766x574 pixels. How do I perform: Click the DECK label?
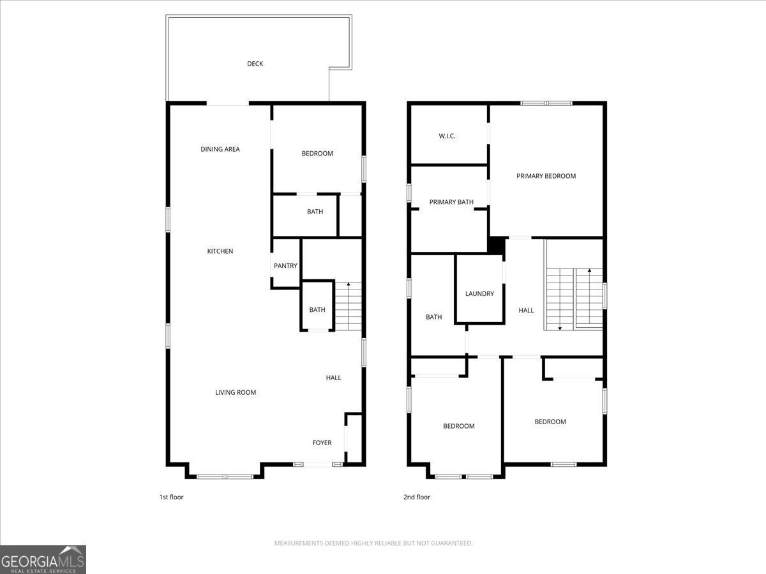click(x=255, y=64)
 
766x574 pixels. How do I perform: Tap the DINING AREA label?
click(x=220, y=149)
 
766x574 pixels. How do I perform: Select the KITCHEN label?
click(x=220, y=251)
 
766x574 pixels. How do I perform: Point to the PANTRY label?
click(x=285, y=266)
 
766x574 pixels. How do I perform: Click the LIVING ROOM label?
click(x=236, y=393)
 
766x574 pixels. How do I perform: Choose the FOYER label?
click(x=322, y=443)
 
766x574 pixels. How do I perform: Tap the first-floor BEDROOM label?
click(x=317, y=154)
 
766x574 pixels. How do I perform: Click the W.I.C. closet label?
click(x=447, y=136)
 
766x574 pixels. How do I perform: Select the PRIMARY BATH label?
click(x=451, y=202)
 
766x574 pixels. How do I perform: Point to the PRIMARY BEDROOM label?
click(x=546, y=176)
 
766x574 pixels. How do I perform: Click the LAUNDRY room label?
click(x=479, y=294)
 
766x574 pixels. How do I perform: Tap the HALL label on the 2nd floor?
click(x=526, y=311)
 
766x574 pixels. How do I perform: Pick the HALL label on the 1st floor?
click(x=333, y=378)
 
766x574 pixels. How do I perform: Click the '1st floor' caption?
click(x=171, y=497)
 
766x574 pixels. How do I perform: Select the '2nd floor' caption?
click(x=417, y=497)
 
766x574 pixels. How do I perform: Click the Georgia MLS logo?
click(x=43, y=559)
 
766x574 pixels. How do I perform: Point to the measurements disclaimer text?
click(x=373, y=543)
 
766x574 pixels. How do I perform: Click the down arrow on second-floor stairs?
click(x=560, y=327)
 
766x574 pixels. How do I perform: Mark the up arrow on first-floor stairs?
click(x=348, y=284)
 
